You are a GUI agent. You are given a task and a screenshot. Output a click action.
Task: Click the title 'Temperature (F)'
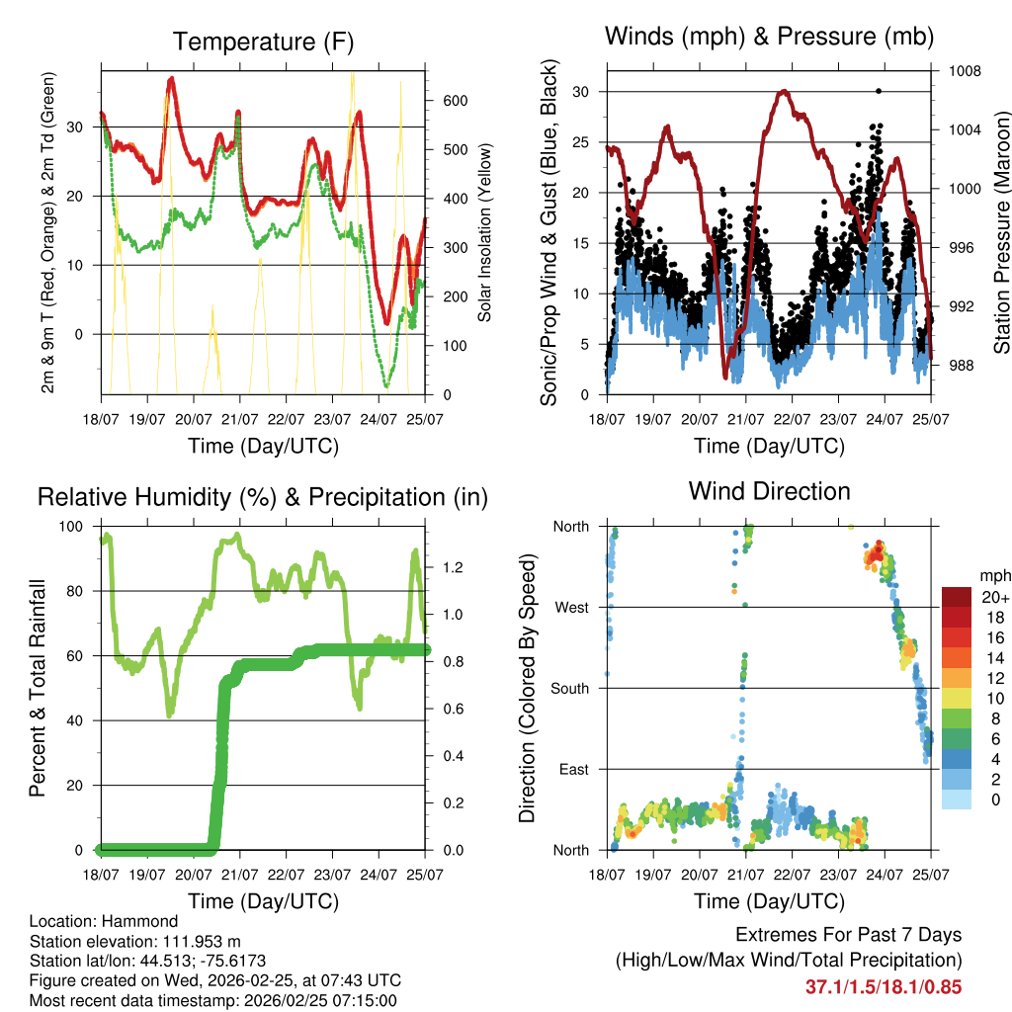pos(263,42)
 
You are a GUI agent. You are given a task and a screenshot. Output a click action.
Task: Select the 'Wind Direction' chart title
pos(769,491)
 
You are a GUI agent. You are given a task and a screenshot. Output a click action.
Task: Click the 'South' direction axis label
pos(569,688)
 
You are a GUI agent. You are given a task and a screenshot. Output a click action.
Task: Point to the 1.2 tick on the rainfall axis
pos(454,567)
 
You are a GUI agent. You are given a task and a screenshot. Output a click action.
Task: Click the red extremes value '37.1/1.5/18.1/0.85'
pos(884,986)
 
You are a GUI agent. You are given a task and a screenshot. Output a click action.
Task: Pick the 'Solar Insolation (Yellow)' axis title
pos(484,232)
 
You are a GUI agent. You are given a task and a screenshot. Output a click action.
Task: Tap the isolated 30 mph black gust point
pos(879,91)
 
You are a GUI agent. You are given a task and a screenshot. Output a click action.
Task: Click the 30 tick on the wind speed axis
pos(584,92)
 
